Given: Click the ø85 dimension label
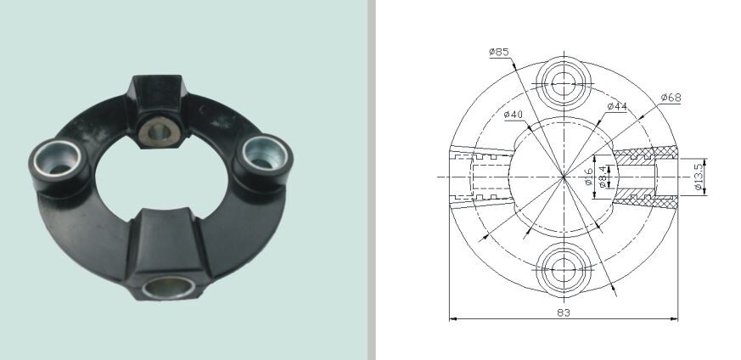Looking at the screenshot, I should click(x=498, y=53).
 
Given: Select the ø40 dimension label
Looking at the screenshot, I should click(x=513, y=115).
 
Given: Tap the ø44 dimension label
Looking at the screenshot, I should click(x=617, y=106).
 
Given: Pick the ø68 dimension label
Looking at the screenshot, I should click(x=671, y=98).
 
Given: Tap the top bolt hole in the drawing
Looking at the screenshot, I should click(x=563, y=82).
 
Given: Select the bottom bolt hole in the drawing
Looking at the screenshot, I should click(x=563, y=270).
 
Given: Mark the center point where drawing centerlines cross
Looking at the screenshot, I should click(x=563, y=177).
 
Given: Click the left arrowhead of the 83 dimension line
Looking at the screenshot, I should click(x=452, y=319).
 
